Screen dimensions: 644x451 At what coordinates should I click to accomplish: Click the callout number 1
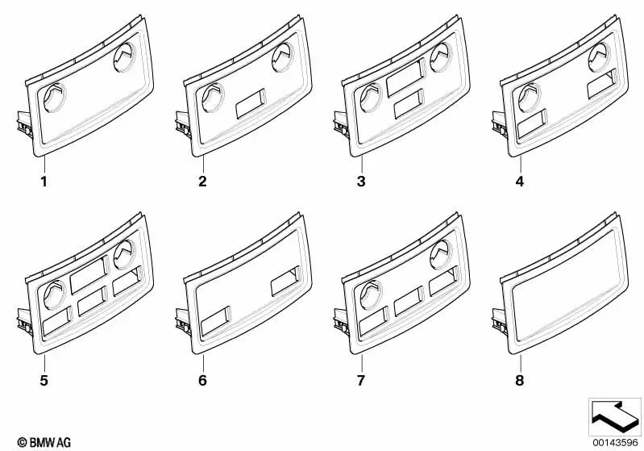tap(44, 182)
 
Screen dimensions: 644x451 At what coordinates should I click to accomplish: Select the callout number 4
tap(520, 182)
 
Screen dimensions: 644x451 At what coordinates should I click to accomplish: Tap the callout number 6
tap(202, 380)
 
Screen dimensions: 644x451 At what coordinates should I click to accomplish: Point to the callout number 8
tap(520, 380)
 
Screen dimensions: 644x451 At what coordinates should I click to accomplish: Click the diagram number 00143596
tap(615, 443)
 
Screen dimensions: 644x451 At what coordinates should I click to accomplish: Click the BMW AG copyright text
tap(44, 443)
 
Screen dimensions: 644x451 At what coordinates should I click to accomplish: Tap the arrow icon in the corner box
tap(615, 416)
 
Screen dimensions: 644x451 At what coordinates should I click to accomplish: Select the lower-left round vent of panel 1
tap(55, 98)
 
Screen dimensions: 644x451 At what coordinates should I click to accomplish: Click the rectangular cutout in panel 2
tap(251, 103)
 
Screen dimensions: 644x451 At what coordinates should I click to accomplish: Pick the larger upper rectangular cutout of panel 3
tap(405, 77)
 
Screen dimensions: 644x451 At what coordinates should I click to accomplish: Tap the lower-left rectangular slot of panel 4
tap(532, 123)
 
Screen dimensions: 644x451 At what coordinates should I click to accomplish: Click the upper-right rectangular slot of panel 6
tap(286, 282)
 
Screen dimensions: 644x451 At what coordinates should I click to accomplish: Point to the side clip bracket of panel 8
tap(500, 321)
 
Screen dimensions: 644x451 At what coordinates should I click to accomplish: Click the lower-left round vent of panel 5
tap(55, 294)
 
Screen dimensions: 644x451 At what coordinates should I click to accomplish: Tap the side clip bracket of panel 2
tap(183, 123)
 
